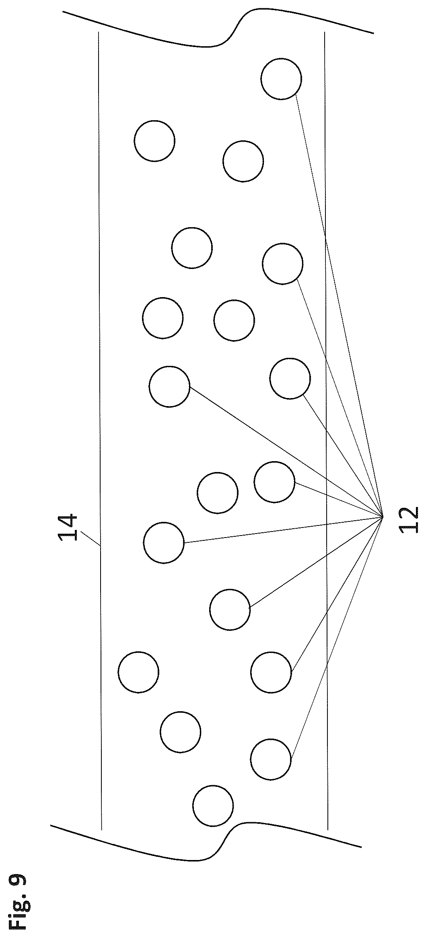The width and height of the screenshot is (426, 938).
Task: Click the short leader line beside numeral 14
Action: pos(91,539)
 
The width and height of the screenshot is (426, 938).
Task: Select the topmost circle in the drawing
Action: pos(281,79)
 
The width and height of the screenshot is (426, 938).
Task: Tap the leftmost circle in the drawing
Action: pos(139,672)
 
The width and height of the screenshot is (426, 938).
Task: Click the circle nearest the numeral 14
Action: pos(164,542)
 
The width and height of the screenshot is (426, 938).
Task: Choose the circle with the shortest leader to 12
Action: pos(274,482)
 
